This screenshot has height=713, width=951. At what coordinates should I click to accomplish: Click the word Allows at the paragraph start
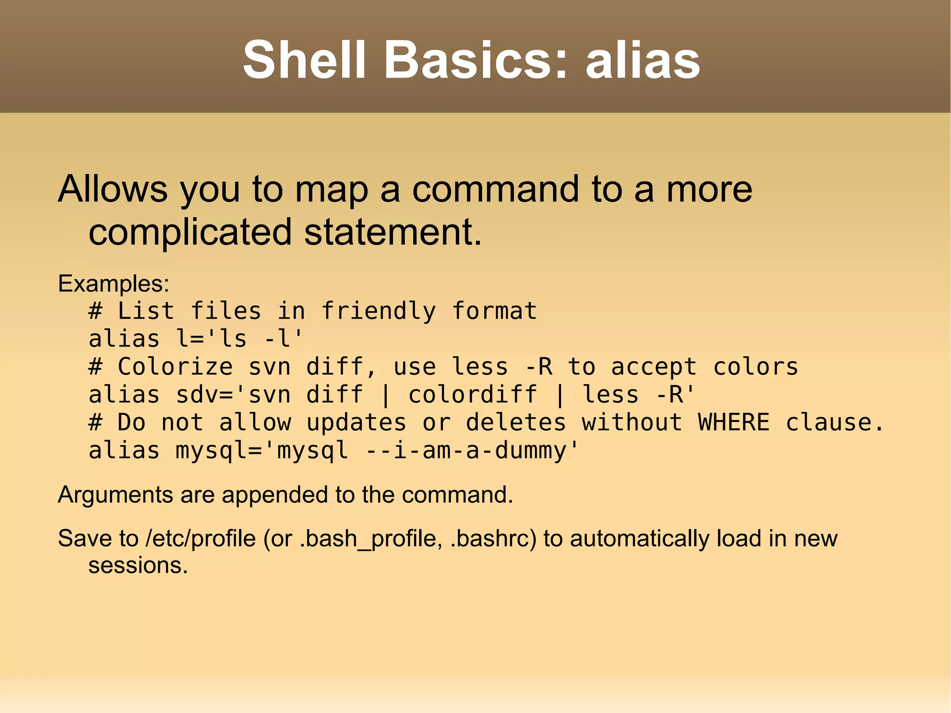click(x=112, y=189)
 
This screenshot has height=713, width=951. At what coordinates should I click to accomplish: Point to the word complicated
click(x=190, y=232)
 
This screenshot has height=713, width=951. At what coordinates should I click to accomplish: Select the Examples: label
click(x=113, y=283)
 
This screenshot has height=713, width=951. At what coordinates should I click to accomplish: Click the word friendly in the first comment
click(x=378, y=311)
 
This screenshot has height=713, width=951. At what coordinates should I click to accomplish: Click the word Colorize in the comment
click(x=175, y=367)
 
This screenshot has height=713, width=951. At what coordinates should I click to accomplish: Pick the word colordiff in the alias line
click(x=472, y=395)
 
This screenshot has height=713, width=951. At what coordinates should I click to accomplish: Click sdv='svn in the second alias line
click(x=233, y=395)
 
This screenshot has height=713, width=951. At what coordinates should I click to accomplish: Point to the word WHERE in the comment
click(x=734, y=423)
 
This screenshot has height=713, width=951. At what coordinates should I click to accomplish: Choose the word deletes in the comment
click(x=516, y=423)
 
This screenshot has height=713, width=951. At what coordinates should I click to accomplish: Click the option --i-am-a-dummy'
click(x=473, y=451)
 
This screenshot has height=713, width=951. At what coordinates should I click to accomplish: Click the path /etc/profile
click(x=201, y=539)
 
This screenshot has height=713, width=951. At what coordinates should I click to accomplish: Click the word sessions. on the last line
click(x=138, y=566)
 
